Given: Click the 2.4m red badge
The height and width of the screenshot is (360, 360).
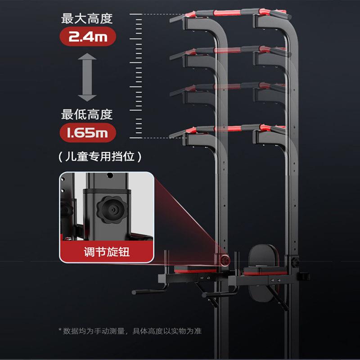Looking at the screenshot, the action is (x=88, y=36).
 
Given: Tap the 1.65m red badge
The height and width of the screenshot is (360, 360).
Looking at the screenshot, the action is (x=88, y=133).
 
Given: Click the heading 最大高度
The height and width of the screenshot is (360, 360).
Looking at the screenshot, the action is (x=87, y=18).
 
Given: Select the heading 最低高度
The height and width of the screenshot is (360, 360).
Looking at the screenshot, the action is (x=87, y=114).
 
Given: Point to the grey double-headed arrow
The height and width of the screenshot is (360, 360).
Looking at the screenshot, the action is (x=87, y=77).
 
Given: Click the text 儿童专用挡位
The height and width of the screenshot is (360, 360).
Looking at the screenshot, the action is (x=100, y=157).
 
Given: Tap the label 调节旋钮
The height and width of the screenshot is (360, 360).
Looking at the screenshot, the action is (x=107, y=252).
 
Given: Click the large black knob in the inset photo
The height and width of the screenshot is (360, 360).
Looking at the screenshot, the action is (x=112, y=209).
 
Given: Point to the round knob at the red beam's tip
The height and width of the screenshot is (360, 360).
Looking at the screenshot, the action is (x=225, y=260).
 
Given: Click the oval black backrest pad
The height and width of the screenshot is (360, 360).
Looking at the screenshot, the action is (x=264, y=273).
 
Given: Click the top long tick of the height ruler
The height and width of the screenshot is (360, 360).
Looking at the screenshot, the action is (x=136, y=14).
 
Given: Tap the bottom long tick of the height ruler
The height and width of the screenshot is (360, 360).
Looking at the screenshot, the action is (x=136, y=138).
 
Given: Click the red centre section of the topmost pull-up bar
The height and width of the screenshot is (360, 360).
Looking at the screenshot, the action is (x=227, y=13).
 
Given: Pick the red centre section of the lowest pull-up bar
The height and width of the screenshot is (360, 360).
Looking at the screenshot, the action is (x=228, y=129).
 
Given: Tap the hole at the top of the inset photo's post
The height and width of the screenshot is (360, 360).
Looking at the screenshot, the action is (x=110, y=175).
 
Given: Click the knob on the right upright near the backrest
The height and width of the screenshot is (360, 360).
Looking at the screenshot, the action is (x=296, y=262).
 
